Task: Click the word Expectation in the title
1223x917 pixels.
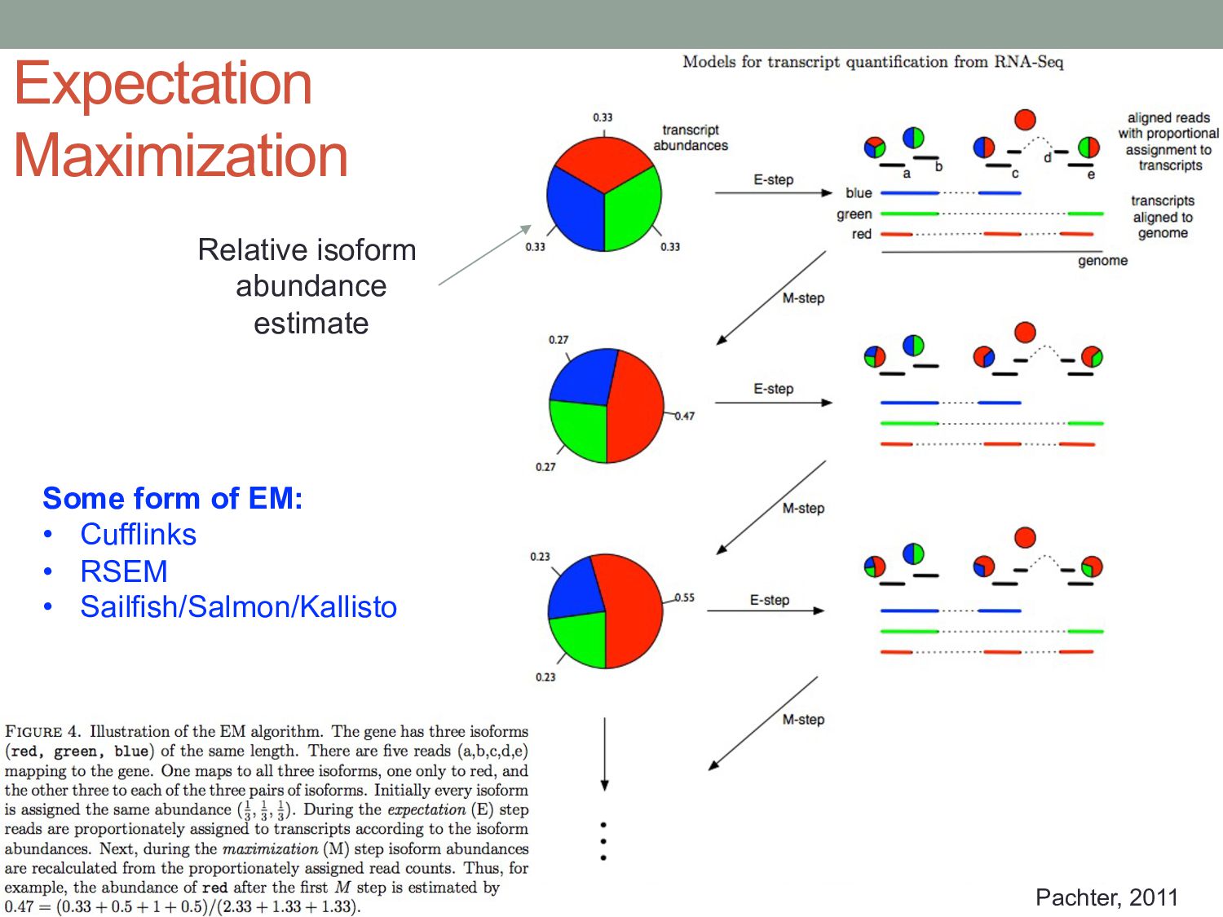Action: pyautogui.click(x=163, y=83)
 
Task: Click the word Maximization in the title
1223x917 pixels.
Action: pyautogui.click(x=181, y=155)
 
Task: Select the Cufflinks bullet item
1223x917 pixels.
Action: pyautogui.click(x=138, y=535)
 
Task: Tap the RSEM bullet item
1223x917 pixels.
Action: pyautogui.click(x=124, y=571)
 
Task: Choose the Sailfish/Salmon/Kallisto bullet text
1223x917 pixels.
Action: pyautogui.click(x=238, y=607)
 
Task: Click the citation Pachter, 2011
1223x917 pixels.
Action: pyautogui.click(x=1106, y=897)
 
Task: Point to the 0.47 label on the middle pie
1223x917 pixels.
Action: pyautogui.click(x=685, y=416)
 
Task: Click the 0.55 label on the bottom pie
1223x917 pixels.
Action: pyautogui.click(x=685, y=597)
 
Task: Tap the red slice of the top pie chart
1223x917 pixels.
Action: pyautogui.click(x=603, y=159)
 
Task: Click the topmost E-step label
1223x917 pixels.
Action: pyautogui.click(x=773, y=179)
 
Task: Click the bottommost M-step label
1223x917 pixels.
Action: pyautogui.click(x=803, y=720)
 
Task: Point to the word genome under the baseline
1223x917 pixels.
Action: pyautogui.click(x=1102, y=261)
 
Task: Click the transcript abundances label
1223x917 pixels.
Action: pyautogui.click(x=691, y=138)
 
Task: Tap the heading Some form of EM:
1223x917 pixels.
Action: pyautogui.click(x=173, y=498)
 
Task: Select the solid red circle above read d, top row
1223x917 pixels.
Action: pyautogui.click(x=1025, y=120)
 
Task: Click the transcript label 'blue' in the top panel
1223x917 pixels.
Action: pyautogui.click(x=859, y=193)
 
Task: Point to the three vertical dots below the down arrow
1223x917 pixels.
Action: pyautogui.click(x=603, y=841)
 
